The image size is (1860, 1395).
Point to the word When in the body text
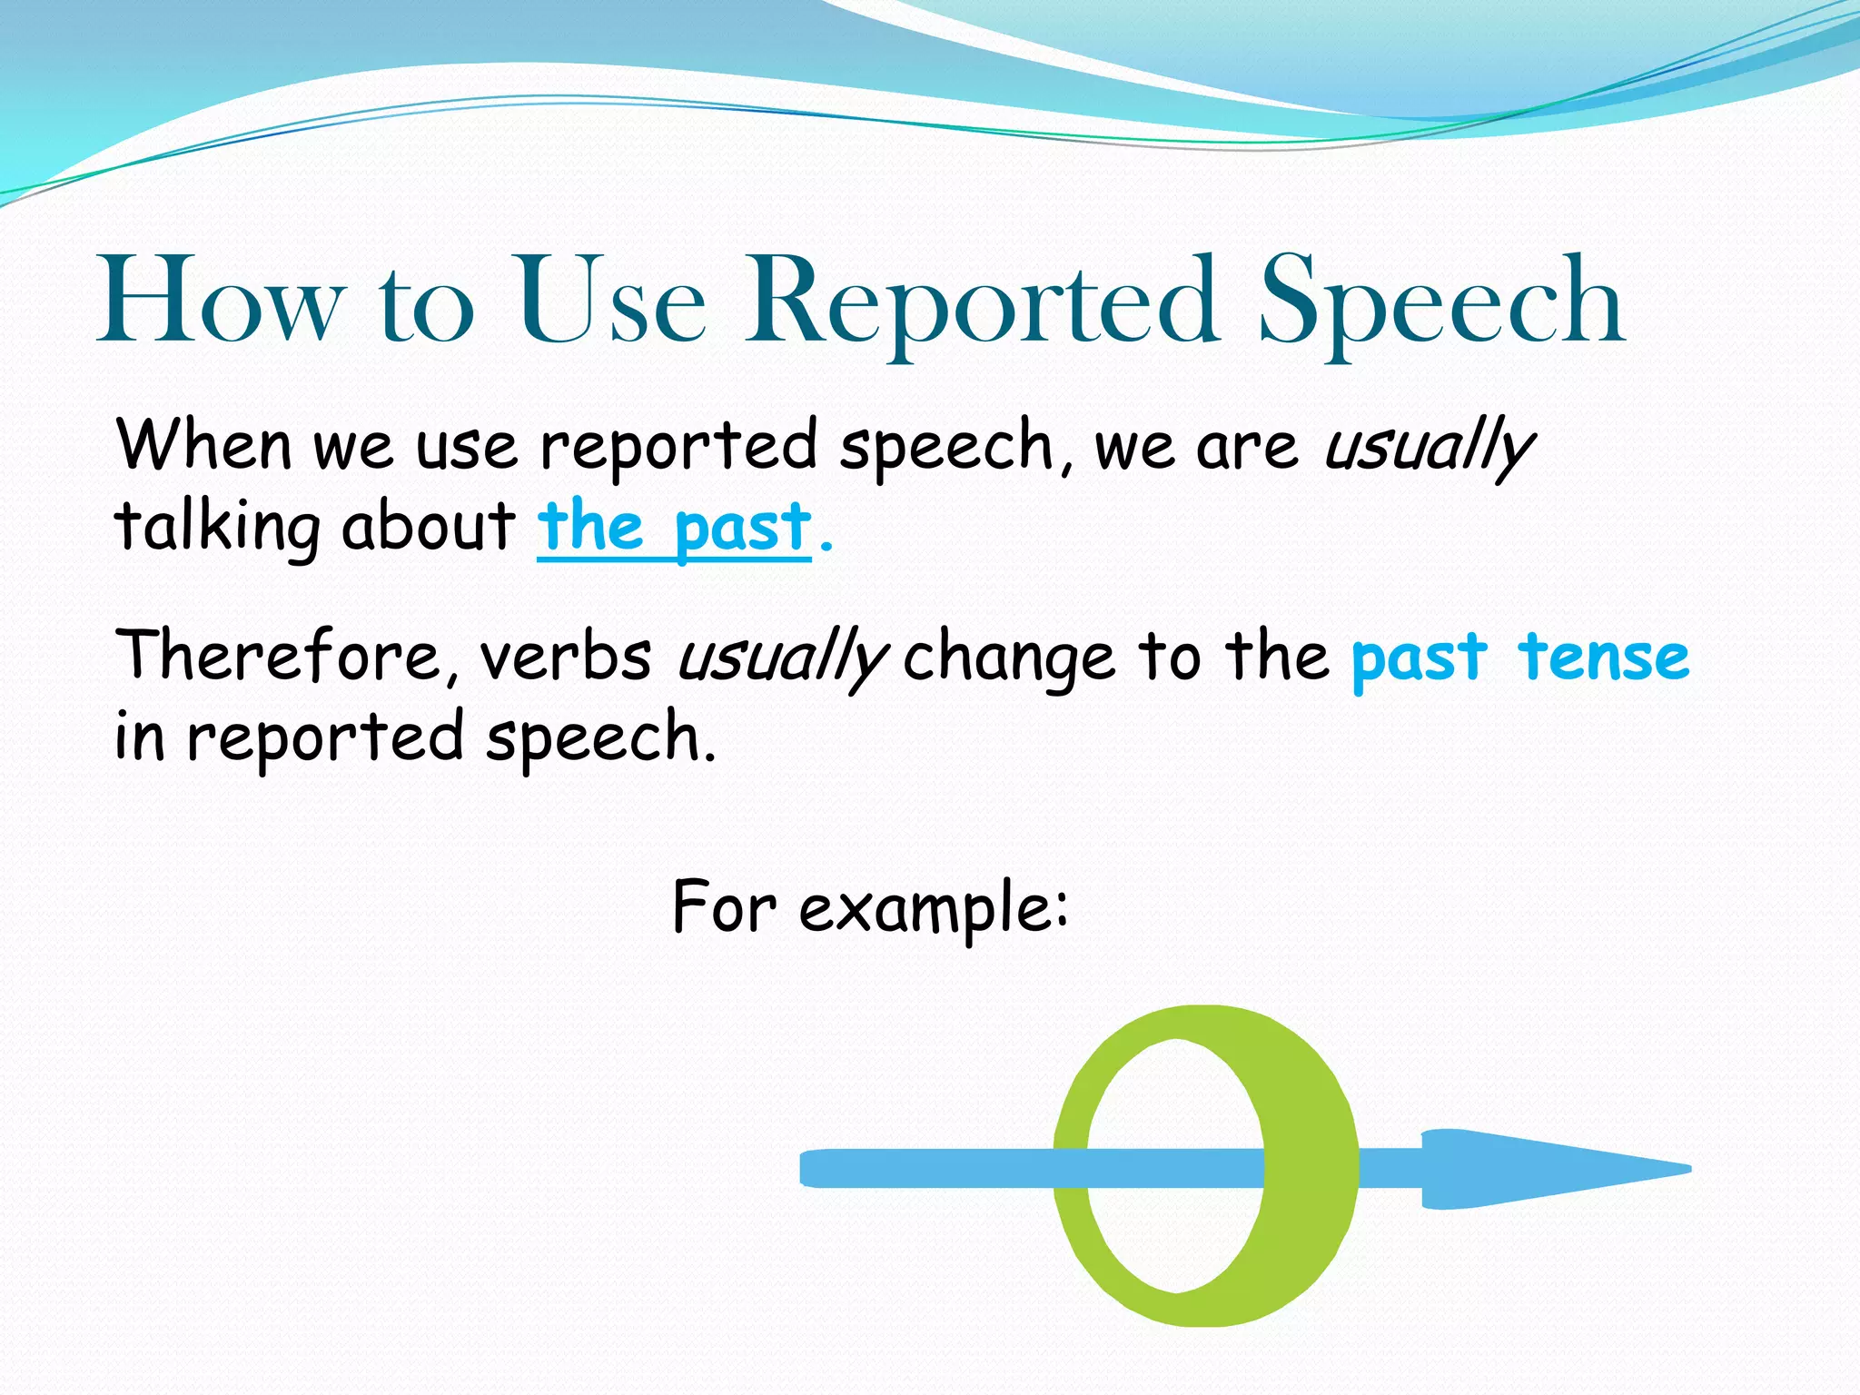pyautogui.click(x=203, y=445)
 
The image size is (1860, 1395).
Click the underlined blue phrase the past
pyautogui.click(x=674, y=529)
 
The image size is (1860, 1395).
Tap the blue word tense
pyautogui.click(x=1604, y=657)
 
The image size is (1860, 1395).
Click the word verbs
pyautogui.click(x=565, y=657)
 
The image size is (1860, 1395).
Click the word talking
pyautogui.click(x=218, y=529)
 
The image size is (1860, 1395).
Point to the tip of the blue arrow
pyautogui.click(x=1685, y=1169)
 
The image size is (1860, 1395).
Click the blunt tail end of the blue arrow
pyautogui.click(x=806, y=1169)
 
